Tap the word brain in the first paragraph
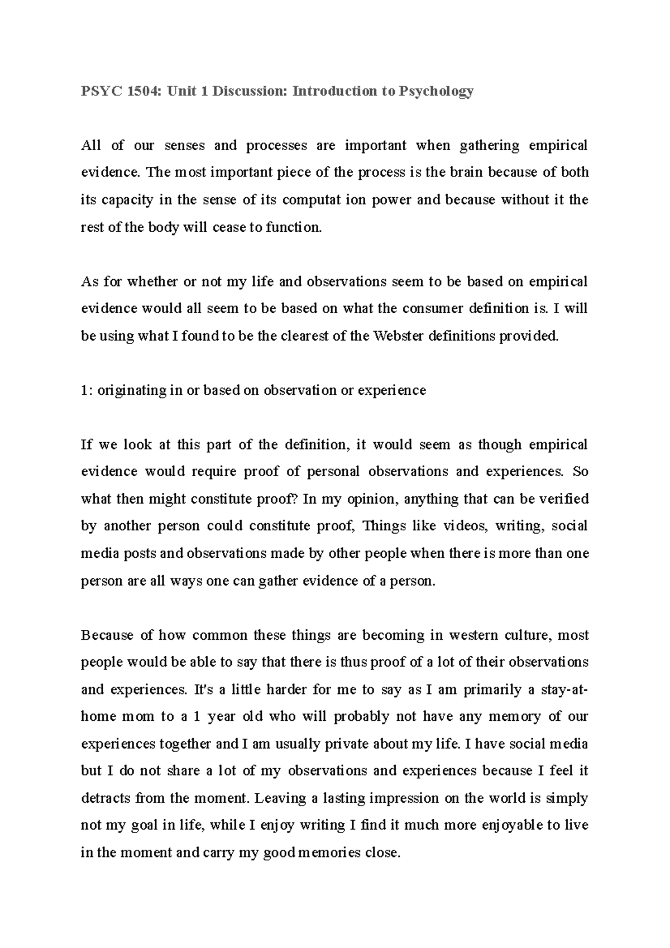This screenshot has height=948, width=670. click(464, 173)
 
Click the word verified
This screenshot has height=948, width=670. click(563, 499)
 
